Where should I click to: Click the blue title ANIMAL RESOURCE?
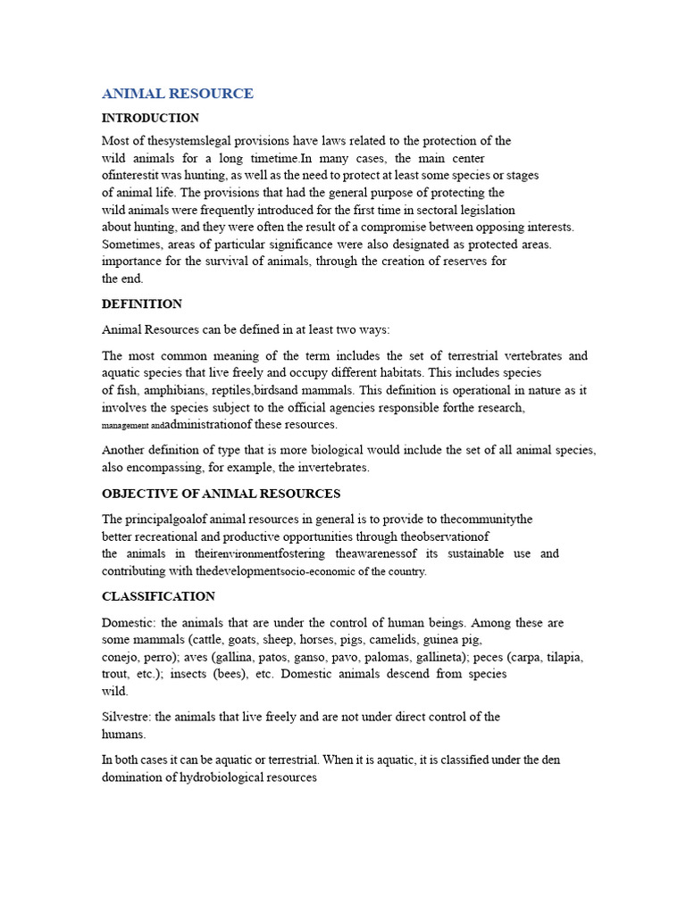(x=177, y=94)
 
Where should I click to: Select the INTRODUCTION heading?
(x=150, y=118)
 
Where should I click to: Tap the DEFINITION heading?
(x=142, y=304)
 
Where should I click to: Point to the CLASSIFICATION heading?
(x=158, y=596)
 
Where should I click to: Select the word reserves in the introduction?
(x=462, y=262)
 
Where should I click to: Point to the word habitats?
(x=400, y=373)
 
